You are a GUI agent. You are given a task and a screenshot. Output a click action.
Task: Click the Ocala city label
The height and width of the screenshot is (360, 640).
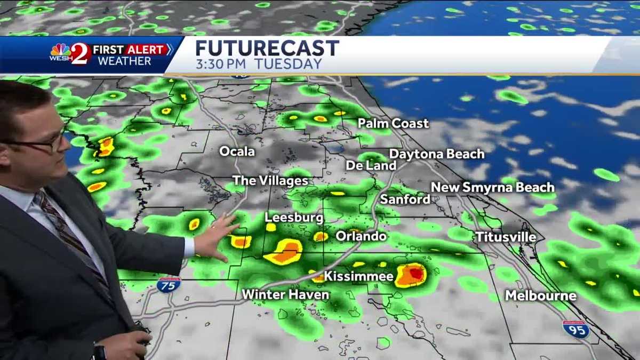pos(237,151)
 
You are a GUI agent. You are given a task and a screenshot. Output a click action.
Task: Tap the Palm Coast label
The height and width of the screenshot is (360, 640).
pos(393,124)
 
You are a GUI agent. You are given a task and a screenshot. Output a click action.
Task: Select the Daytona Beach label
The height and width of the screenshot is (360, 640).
pos(437,154)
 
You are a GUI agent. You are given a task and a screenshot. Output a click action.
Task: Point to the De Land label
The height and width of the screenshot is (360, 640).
pos(371,165)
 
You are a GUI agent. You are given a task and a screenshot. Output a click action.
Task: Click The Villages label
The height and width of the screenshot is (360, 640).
pos(270,181)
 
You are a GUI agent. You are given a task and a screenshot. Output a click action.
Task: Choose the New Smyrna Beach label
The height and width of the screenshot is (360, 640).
pos(492,187)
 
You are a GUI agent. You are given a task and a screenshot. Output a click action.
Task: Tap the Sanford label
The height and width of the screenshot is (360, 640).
pos(405,199)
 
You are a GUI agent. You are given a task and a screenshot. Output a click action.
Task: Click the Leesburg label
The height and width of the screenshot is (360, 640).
pos(294,218)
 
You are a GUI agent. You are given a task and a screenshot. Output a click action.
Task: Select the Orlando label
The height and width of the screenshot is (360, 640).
pos(361,236)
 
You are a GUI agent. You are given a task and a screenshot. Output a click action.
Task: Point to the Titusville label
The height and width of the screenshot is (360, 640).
pos(506,237)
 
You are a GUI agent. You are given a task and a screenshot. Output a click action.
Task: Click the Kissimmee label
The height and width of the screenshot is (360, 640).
pos(358,276)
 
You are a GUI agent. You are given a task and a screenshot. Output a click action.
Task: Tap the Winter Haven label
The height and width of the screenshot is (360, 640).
pos(285,294)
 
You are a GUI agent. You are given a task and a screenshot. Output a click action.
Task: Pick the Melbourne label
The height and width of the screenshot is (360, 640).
pos(541,295)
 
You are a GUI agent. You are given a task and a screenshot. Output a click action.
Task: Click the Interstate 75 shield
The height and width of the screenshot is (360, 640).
pos(169,284)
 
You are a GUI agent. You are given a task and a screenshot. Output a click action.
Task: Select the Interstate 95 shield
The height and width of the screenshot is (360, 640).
pos(576,329)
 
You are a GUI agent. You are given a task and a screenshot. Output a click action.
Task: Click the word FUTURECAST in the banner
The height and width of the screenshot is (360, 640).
pos(267,48)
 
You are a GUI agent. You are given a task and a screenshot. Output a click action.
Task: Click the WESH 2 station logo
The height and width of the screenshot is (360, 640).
pos(70,54)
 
